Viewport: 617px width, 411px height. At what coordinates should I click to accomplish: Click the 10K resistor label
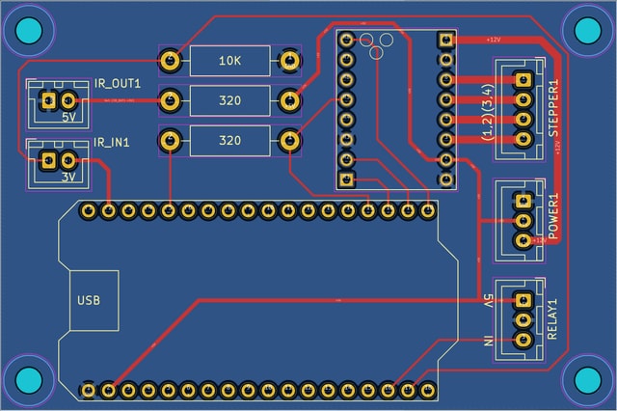[228, 61]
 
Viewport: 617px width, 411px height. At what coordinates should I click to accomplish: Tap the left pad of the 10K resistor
[170, 61]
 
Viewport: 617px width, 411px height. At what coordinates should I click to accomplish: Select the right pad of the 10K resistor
[288, 61]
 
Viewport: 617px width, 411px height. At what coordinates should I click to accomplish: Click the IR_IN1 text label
[113, 143]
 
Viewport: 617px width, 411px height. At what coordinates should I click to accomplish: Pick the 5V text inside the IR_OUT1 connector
[69, 118]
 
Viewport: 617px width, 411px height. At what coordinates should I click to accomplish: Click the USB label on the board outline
[88, 300]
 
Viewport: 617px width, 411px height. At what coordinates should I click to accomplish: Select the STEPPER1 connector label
[554, 118]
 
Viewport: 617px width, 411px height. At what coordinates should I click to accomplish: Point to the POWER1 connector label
[553, 216]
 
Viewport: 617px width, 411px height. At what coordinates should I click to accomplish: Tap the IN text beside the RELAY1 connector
[489, 340]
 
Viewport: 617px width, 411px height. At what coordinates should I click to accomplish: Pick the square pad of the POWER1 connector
[523, 201]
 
